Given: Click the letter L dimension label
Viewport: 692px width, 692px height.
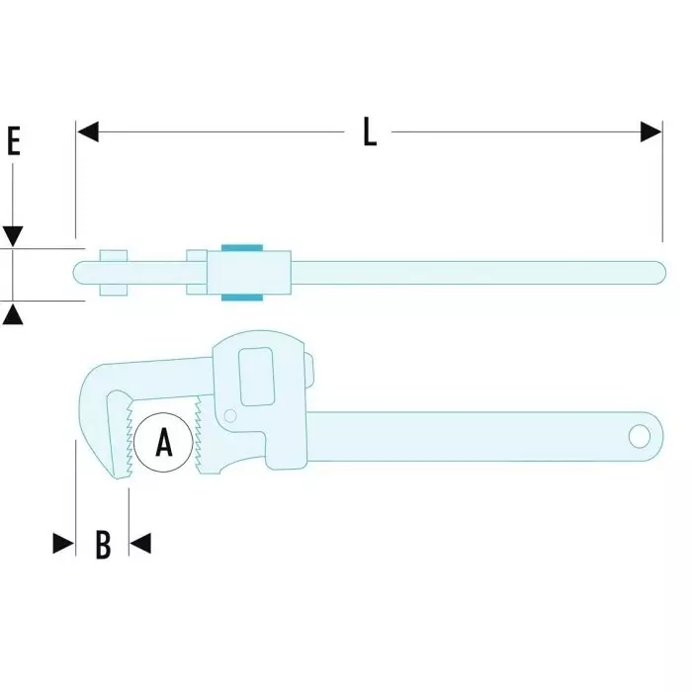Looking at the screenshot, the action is tap(370, 131).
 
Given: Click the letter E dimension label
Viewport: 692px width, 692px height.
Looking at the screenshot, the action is tap(14, 140).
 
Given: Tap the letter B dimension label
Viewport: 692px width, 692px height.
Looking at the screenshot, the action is tap(103, 545).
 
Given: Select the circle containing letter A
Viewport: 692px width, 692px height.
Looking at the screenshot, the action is tap(164, 443).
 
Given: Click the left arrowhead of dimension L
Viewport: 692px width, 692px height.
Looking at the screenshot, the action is tap(87, 131).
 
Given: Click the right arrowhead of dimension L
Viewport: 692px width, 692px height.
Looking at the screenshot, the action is tap(650, 131).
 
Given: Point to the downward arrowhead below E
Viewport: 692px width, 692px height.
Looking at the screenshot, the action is tap(13, 237).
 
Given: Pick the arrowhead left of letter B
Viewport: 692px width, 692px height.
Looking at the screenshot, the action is tap(63, 544).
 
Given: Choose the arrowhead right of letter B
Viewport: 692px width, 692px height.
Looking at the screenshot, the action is tap(140, 544).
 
